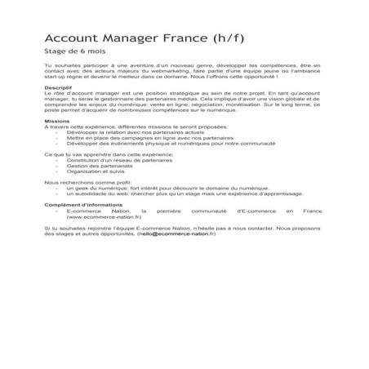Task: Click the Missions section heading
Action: (55, 120)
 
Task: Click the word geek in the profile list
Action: (81, 187)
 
